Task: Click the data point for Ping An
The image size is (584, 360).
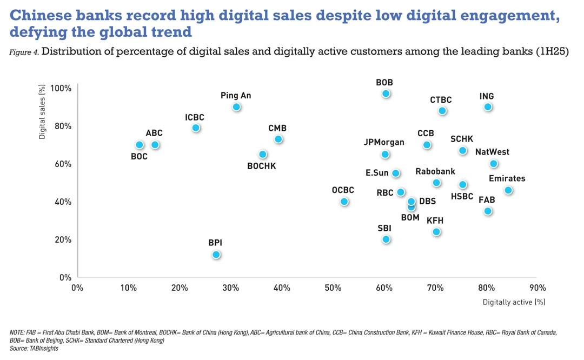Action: tap(236, 107)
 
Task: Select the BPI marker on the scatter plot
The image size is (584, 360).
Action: tap(216, 255)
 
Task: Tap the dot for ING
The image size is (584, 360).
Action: tap(488, 107)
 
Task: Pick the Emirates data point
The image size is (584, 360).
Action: tap(508, 190)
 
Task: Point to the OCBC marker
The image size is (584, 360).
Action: tap(344, 202)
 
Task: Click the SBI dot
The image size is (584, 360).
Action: tap(386, 239)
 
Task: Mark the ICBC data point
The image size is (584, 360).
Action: tap(196, 128)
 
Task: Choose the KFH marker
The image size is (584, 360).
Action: tap(436, 232)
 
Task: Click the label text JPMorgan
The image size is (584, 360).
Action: tap(384, 142)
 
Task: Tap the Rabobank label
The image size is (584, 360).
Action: tap(435, 171)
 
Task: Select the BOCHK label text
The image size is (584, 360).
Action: tap(262, 166)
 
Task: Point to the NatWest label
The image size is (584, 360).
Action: tap(492, 152)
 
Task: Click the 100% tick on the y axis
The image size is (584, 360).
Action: tap(61, 88)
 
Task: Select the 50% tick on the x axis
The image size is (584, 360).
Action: tap(333, 288)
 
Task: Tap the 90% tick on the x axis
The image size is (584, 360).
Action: tap(537, 288)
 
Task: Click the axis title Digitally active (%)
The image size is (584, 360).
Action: tap(514, 302)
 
